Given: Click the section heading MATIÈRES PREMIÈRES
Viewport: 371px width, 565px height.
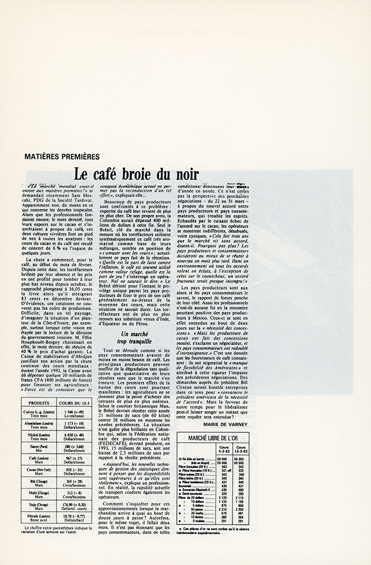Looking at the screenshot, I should pyautogui.click(x=63, y=156).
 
